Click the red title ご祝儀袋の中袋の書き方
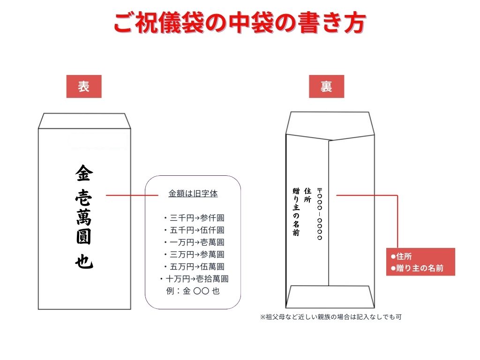240,23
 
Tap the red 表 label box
84,86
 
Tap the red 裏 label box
326,86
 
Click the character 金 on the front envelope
84,174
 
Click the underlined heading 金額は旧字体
193,193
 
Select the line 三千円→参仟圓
193,218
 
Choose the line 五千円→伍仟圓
193,230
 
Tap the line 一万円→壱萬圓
193,242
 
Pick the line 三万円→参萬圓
193,255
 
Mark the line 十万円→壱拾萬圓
193,279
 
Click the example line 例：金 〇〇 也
193,291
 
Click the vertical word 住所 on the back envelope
308,195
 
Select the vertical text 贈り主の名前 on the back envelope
296,211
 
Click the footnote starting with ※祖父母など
330,317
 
